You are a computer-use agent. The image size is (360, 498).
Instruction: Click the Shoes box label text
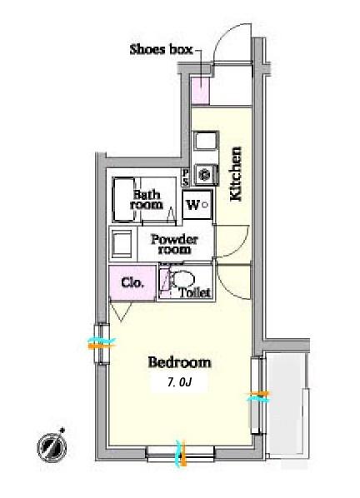tap(162, 49)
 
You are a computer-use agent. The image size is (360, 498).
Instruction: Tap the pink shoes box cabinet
tap(201, 91)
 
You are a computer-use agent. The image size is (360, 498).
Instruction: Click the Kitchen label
tap(236, 174)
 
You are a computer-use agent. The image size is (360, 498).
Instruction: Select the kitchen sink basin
tap(206, 141)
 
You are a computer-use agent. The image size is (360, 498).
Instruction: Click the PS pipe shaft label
tap(185, 178)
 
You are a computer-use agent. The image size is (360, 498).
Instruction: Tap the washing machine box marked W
tap(197, 205)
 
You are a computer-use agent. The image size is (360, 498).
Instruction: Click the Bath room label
tap(147, 200)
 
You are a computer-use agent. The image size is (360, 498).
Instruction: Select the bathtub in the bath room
tap(124, 200)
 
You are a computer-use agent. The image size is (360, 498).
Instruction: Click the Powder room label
tap(174, 244)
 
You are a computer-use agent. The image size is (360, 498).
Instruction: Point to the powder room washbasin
tap(121, 244)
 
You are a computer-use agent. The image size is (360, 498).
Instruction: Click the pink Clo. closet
tap(132, 283)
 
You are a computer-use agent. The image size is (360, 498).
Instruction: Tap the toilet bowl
tap(183, 279)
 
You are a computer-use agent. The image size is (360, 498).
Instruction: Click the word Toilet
tap(195, 292)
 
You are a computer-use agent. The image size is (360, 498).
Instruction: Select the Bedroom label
tap(179, 362)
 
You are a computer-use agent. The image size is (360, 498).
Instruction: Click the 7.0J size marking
tap(180, 383)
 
